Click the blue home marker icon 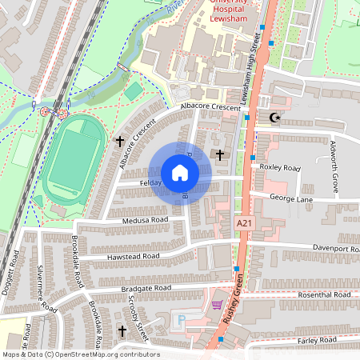tap(180, 173)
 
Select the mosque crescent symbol tap(277, 118)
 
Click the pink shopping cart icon tap(217, 305)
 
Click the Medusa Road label tap(145, 219)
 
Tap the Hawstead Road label tap(133, 256)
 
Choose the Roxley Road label tap(280, 168)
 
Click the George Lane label tap(289, 196)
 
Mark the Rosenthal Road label tap(325, 295)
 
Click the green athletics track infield tap(74, 160)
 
